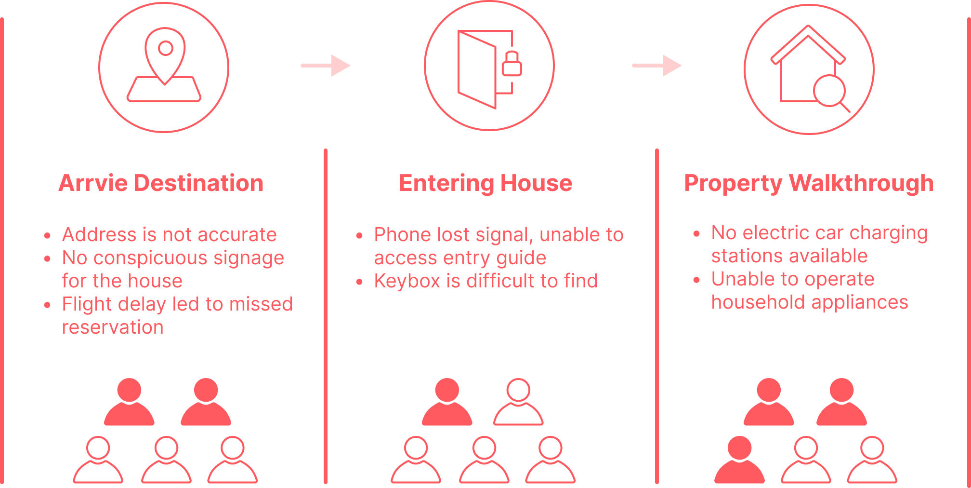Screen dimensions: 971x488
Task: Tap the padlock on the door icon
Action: pyautogui.click(x=512, y=65)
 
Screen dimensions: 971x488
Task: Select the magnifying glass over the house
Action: pyautogui.click(x=829, y=91)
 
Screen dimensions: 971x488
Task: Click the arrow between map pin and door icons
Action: pyautogui.click(x=326, y=66)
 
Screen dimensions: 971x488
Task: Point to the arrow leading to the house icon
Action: pyautogui.click(x=657, y=66)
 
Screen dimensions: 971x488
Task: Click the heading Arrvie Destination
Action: pyautogui.click(x=161, y=183)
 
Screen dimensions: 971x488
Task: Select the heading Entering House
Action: pyautogui.click(x=485, y=183)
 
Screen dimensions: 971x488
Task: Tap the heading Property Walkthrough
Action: pyautogui.click(x=809, y=183)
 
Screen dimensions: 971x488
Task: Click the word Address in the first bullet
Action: pyautogui.click(x=99, y=235)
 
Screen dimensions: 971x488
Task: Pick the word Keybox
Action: pyautogui.click(x=407, y=281)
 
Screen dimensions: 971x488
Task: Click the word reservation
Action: pyautogui.click(x=113, y=327)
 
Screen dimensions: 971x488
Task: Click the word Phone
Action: pyautogui.click(x=402, y=235)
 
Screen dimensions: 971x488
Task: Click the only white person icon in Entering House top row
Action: pyautogui.click(x=518, y=402)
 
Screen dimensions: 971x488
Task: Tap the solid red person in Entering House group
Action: pyautogui.click(x=447, y=402)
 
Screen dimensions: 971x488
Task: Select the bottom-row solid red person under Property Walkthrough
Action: pyautogui.click(x=739, y=460)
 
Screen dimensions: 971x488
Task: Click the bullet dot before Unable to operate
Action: pyautogui.click(x=696, y=280)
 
